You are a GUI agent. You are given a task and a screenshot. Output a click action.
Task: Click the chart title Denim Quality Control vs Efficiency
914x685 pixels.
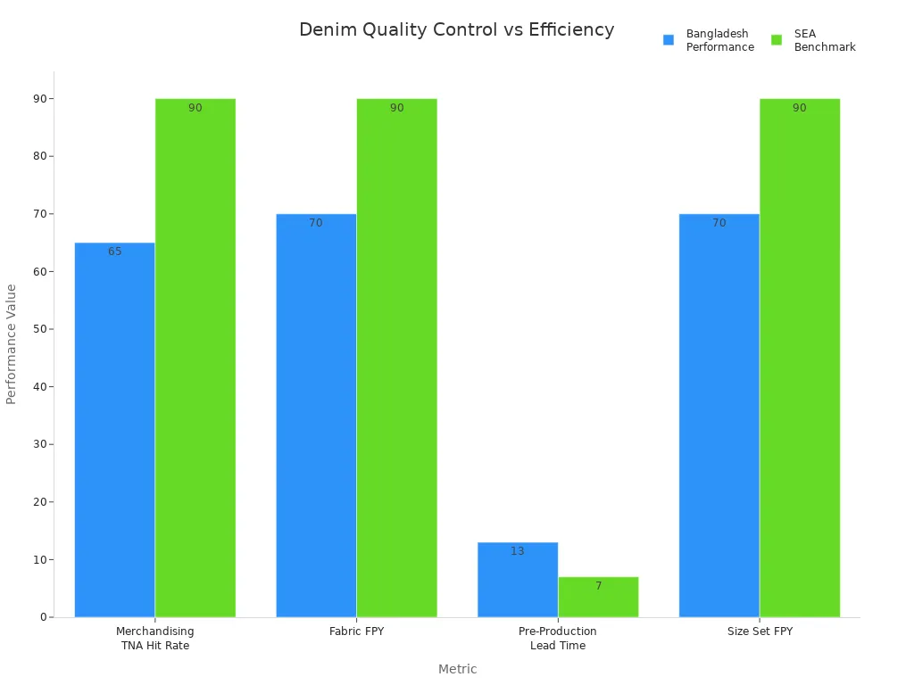(456, 29)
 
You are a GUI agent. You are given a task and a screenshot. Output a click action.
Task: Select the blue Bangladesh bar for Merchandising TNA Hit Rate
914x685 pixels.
(114, 429)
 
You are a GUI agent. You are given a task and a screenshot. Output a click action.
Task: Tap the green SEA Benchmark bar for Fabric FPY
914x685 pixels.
(396, 357)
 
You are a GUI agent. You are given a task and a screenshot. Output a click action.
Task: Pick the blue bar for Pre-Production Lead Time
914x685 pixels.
(518, 580)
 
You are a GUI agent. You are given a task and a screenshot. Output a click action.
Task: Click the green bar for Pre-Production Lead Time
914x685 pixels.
(598, 597)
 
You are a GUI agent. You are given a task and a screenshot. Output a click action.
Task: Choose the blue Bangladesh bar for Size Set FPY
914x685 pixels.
(719, 415)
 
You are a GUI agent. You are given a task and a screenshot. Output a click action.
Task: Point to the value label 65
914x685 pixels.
(115, 252)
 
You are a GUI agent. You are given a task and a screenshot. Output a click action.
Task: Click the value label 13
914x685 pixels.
(518, 551)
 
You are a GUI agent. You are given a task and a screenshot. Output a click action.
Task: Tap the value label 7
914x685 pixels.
(598, 586)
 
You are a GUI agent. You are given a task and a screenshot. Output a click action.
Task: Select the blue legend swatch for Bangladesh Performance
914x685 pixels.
(669, 40)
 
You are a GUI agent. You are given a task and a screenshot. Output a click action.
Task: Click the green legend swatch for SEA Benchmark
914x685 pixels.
(777, 40)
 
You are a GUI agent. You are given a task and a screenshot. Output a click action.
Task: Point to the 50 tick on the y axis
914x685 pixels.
(39, 329)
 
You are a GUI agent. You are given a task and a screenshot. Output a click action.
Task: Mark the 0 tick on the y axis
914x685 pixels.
(43, 617)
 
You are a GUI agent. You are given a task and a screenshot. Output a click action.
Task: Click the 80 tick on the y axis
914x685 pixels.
(39, 156)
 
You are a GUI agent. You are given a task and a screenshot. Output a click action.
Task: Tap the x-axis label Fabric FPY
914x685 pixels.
(356, 631)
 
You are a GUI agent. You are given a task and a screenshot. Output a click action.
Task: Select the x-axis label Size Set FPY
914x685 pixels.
(760, 631)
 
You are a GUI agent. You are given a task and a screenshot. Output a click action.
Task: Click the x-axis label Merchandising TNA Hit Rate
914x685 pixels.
(155, 638)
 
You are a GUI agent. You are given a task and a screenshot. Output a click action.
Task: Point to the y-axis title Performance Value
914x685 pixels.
(12, 343)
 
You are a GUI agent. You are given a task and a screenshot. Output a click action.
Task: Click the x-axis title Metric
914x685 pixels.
(457, 669)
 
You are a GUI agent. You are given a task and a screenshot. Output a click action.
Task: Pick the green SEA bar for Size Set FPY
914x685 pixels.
(799, 357)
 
